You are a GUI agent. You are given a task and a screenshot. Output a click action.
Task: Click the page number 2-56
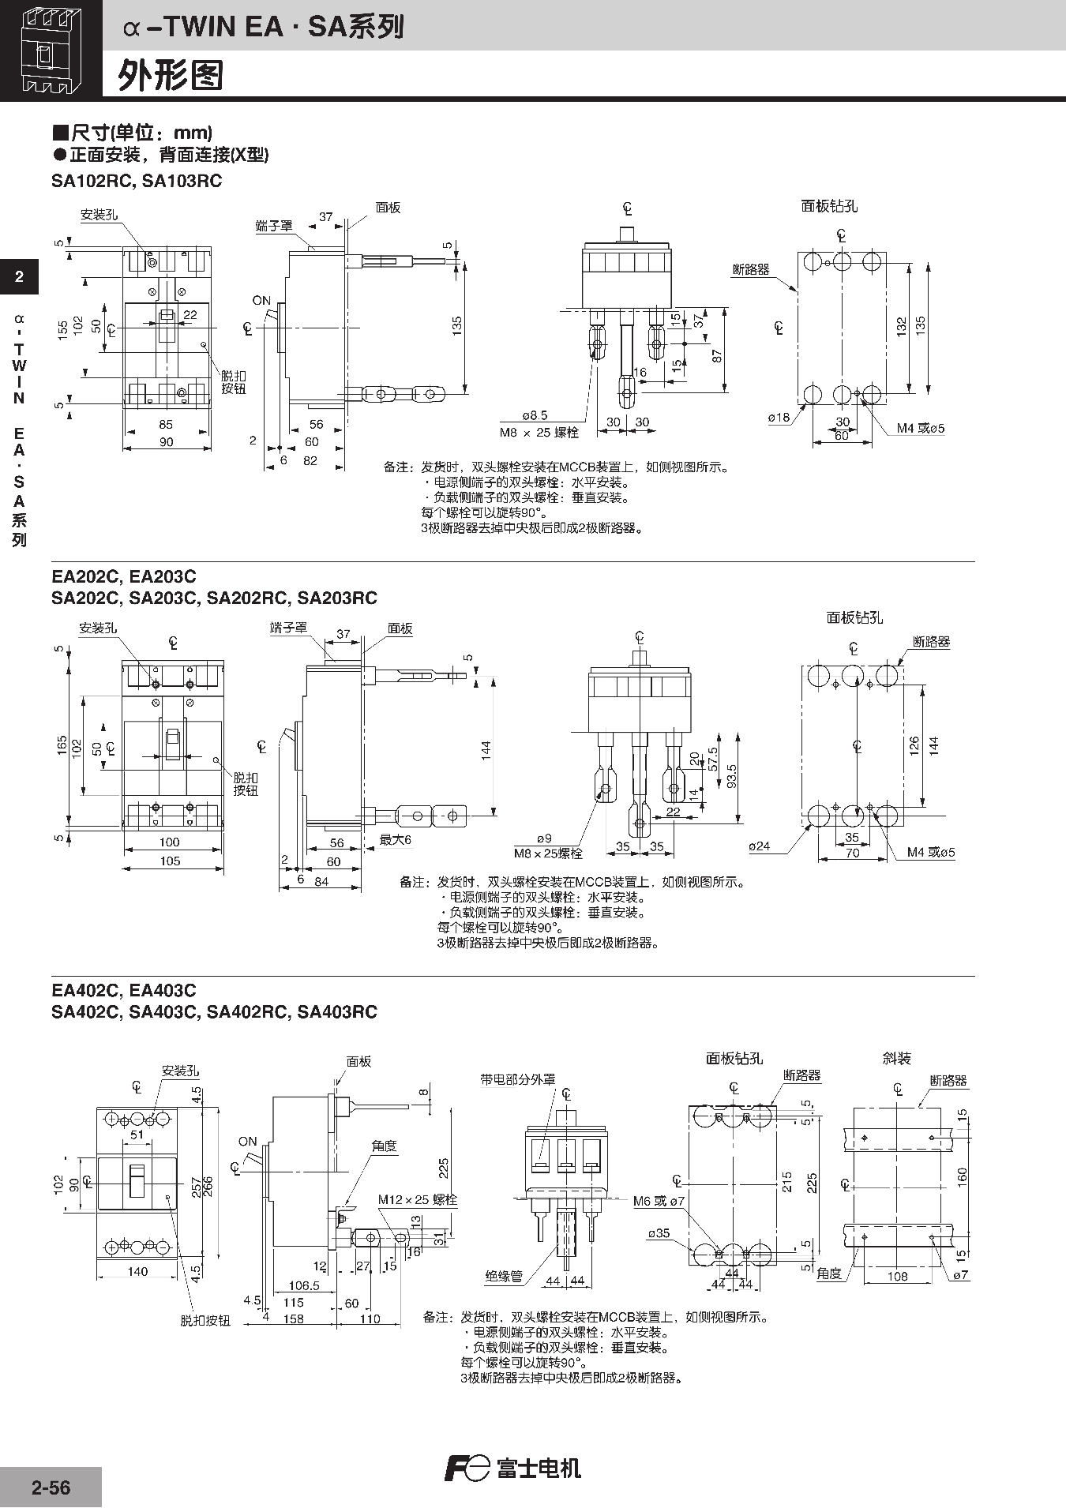[x=51, y=1487]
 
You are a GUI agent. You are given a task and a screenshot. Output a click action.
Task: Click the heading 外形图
[x=171, y=76]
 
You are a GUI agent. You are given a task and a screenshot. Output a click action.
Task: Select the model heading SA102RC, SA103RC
[x=137, y=181]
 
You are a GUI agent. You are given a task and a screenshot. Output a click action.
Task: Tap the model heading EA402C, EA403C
[x=124, y=990]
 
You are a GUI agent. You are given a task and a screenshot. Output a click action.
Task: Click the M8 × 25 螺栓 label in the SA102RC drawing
[x=539, y=433]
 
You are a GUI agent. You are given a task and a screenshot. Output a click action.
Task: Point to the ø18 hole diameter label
[x=779, y=418]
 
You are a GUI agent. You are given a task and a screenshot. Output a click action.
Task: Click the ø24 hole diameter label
[x=759, y=846]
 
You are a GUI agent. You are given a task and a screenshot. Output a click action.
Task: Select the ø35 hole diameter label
[x=658, y=1233]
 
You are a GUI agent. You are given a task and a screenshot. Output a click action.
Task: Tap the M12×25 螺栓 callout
[x=417, y=1200]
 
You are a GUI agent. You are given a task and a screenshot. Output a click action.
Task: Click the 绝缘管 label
[x=504, y=1276]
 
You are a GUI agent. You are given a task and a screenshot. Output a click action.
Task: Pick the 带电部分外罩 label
[x=518, y=1079]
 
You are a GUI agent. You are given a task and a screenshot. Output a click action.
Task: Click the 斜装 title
[x=897, y=1058]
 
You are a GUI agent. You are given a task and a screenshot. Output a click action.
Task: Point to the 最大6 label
[x=396, y=840]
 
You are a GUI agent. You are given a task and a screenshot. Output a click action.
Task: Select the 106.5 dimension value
[x=304, y=1285]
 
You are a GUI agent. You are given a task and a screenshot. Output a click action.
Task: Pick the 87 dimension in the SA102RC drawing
[x=717, y=355]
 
